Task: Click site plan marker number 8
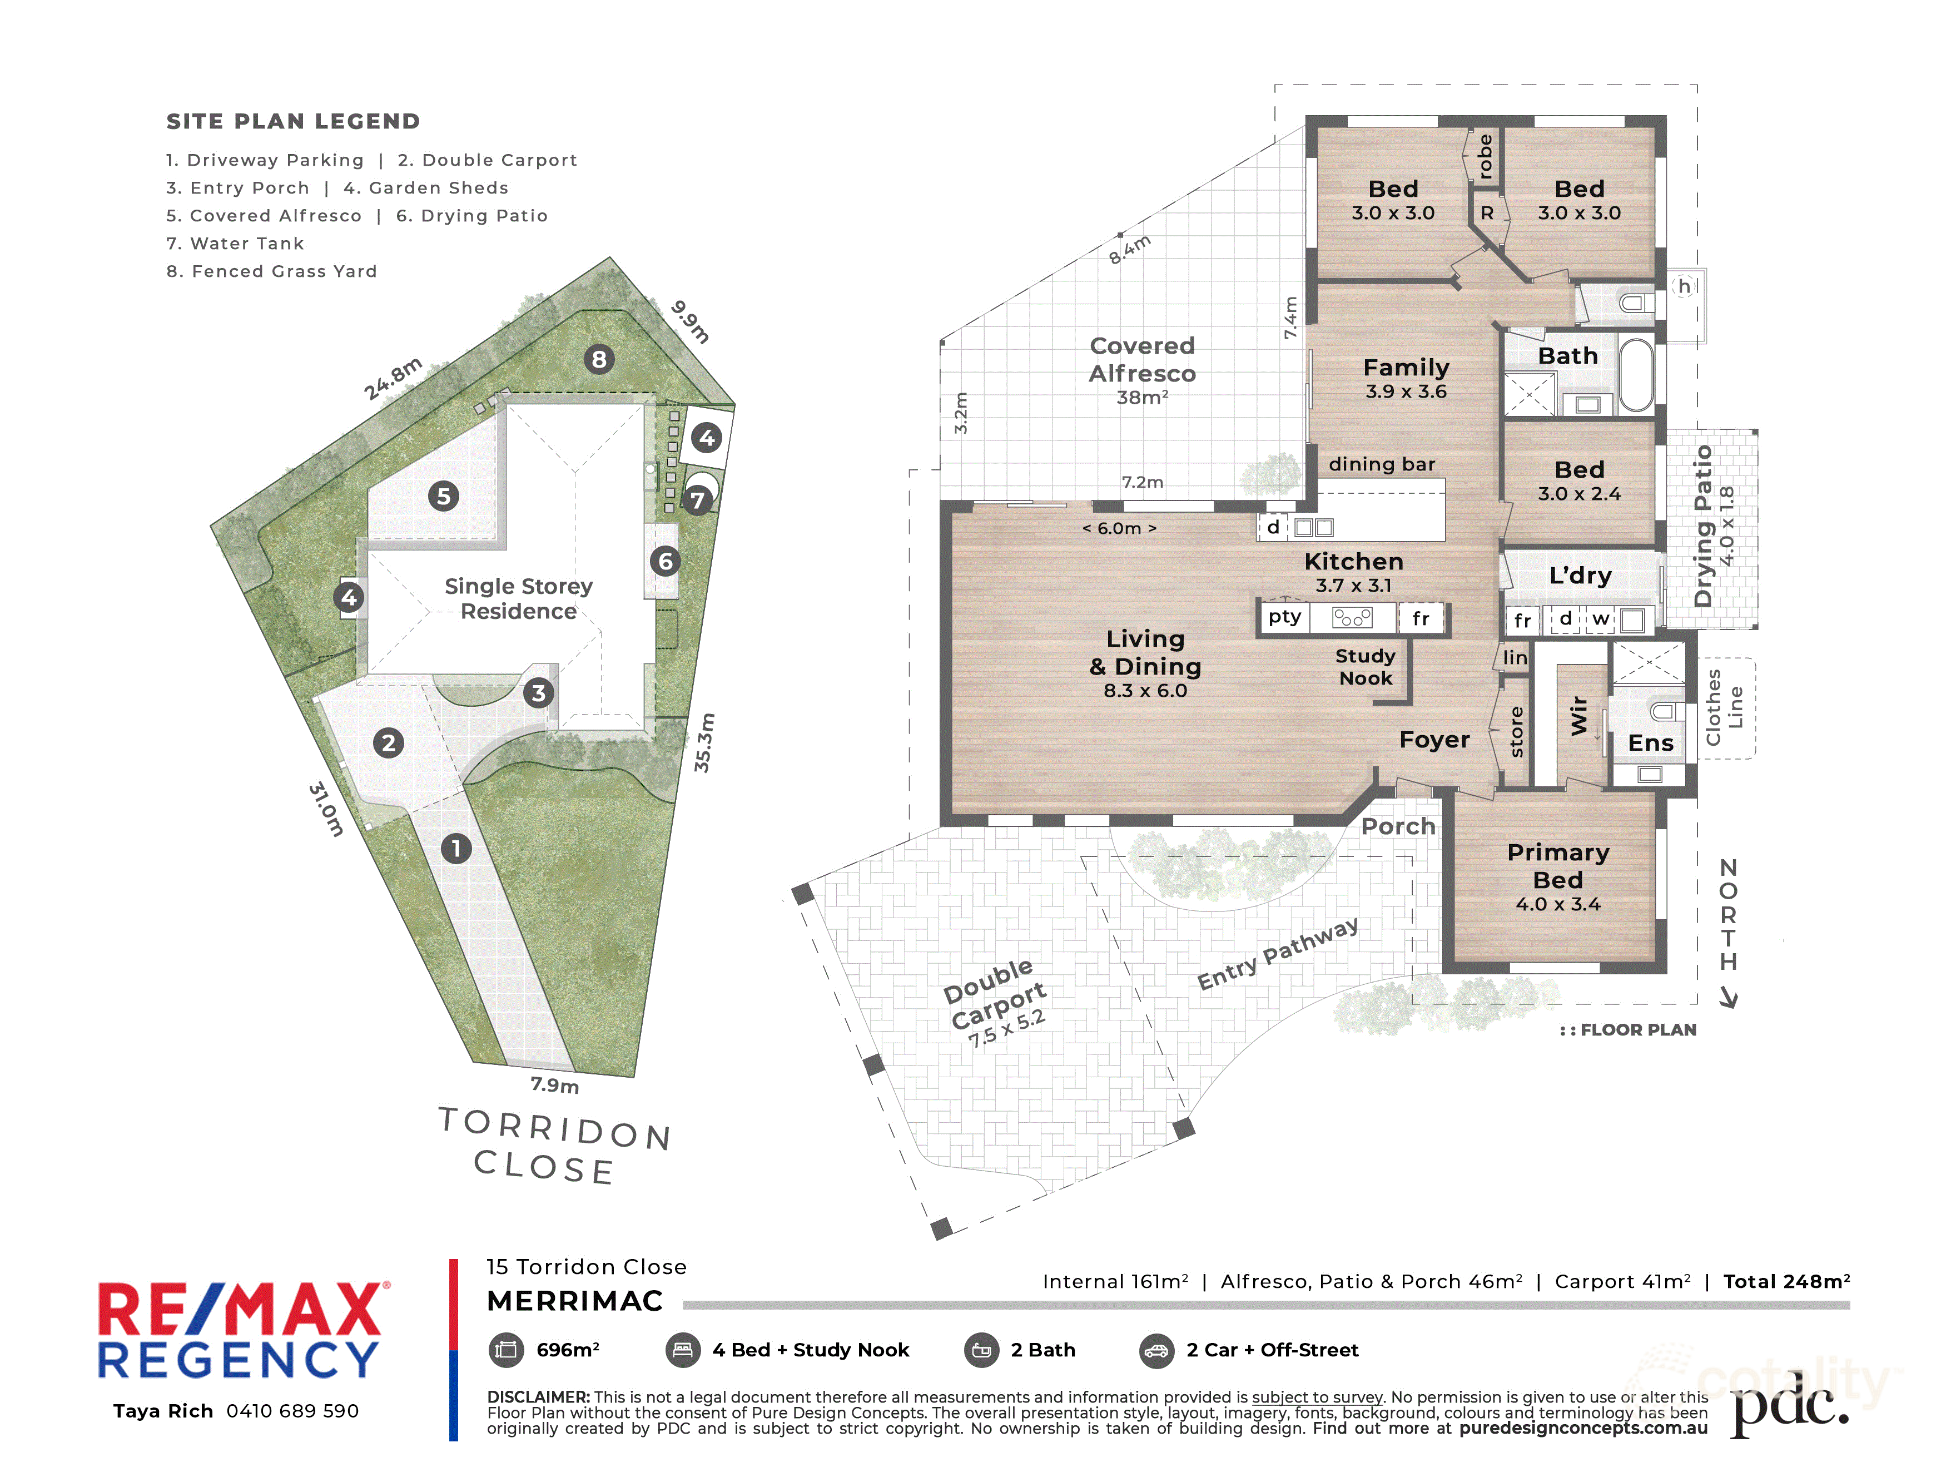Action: click(599, 359)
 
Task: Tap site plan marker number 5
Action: click(444, 496)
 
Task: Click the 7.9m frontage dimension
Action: click(554, 1085)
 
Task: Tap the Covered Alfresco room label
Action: click(1143, 359)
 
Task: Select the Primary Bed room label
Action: click(1558, 866)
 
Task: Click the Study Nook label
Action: click(1366, 667)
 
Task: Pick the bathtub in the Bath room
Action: click(1637, 375)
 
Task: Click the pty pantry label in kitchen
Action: click(1285, 617)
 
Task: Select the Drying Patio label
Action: click(1703, 526)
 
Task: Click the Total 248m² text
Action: click(1786, 1281)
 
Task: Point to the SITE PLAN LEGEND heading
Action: click(294, 121)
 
